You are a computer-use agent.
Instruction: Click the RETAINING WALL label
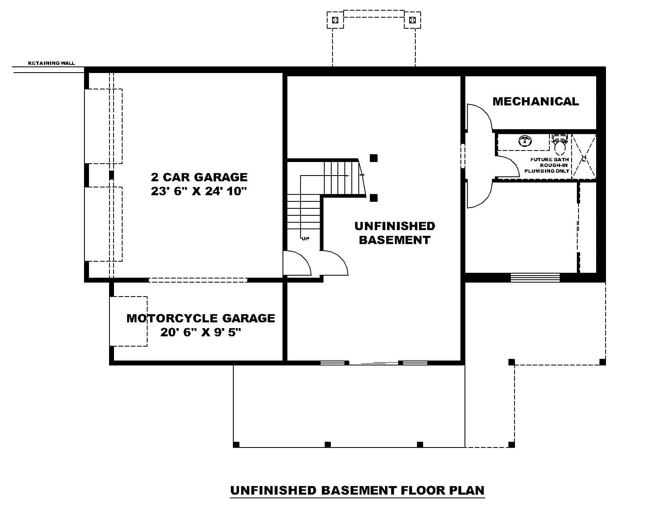pyautogui.click(x=51, y=63)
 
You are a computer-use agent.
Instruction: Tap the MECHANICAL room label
pyautogui.click(x=535, y=101)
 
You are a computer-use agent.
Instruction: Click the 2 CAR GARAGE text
pyautogui.click(x=199, y=177)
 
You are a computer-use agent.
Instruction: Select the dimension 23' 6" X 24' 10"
pyautogui.click(x=199, y=191)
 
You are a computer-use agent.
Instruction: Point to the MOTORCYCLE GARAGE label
pyautogui.click(x=200, y=318)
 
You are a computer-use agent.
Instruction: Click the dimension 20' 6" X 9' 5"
pyautogui.click(x=200, y=332)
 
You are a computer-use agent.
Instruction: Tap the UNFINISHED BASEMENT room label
pyautogui.click(x=394, y=233)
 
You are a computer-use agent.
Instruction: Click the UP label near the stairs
pyautogui.click(x=305, y=239)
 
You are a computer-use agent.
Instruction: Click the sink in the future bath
pyautogui.click(x=525, y=141)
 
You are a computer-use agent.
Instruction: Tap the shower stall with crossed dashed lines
pyautogui.click(x=583, y=156)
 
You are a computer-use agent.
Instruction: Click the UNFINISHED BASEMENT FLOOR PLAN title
pyautogui.click(x=357, y=490)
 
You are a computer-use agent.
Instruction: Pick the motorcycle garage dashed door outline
pyautogui.click(x=128, y=321)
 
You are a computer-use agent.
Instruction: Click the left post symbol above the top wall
pyautogui.click(x=335, y=20)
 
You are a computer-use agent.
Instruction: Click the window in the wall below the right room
pyautogui.click(x=535, y=278)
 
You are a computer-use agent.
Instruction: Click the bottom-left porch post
pyautogui.click(x=236, y=444)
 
